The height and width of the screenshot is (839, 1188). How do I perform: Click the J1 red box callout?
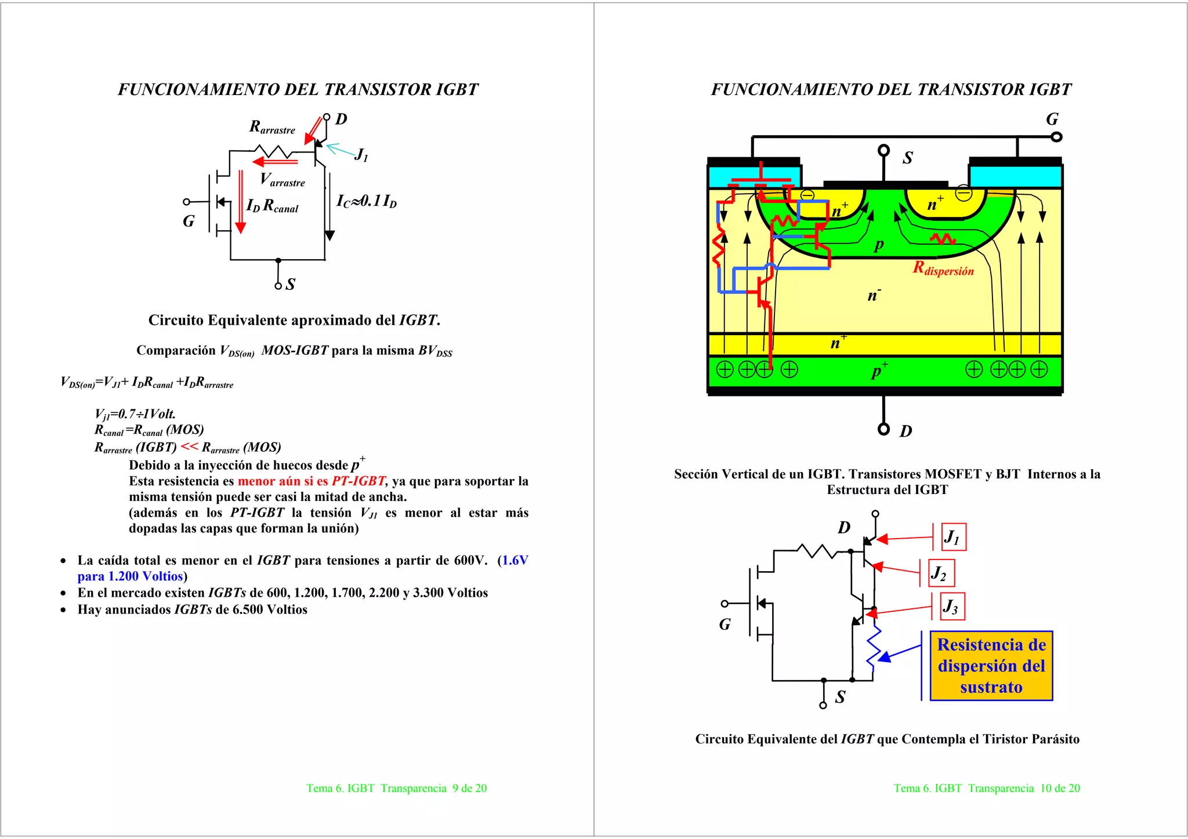953,537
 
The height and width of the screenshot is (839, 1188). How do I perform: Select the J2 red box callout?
941,573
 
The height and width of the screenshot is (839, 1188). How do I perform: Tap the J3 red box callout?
952,606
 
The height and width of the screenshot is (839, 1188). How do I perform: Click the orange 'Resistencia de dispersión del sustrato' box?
991,666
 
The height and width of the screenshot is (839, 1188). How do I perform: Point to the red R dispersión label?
943,268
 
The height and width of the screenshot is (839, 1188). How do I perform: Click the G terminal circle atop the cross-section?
1056,137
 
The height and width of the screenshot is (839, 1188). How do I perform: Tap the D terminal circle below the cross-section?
883,429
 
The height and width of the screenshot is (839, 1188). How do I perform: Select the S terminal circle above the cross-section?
883,151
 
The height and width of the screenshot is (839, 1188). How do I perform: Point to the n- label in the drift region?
874,295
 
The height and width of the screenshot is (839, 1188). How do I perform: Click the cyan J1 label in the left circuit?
361,155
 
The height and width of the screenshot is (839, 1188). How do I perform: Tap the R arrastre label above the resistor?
272,127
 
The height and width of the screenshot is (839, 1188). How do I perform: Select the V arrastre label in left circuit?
282,180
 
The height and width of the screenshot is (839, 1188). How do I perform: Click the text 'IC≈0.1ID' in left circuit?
367,201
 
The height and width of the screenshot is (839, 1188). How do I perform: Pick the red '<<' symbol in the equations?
189,446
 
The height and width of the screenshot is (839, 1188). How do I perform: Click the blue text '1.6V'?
515,560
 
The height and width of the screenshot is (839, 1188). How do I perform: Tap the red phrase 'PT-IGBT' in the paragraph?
358,481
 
